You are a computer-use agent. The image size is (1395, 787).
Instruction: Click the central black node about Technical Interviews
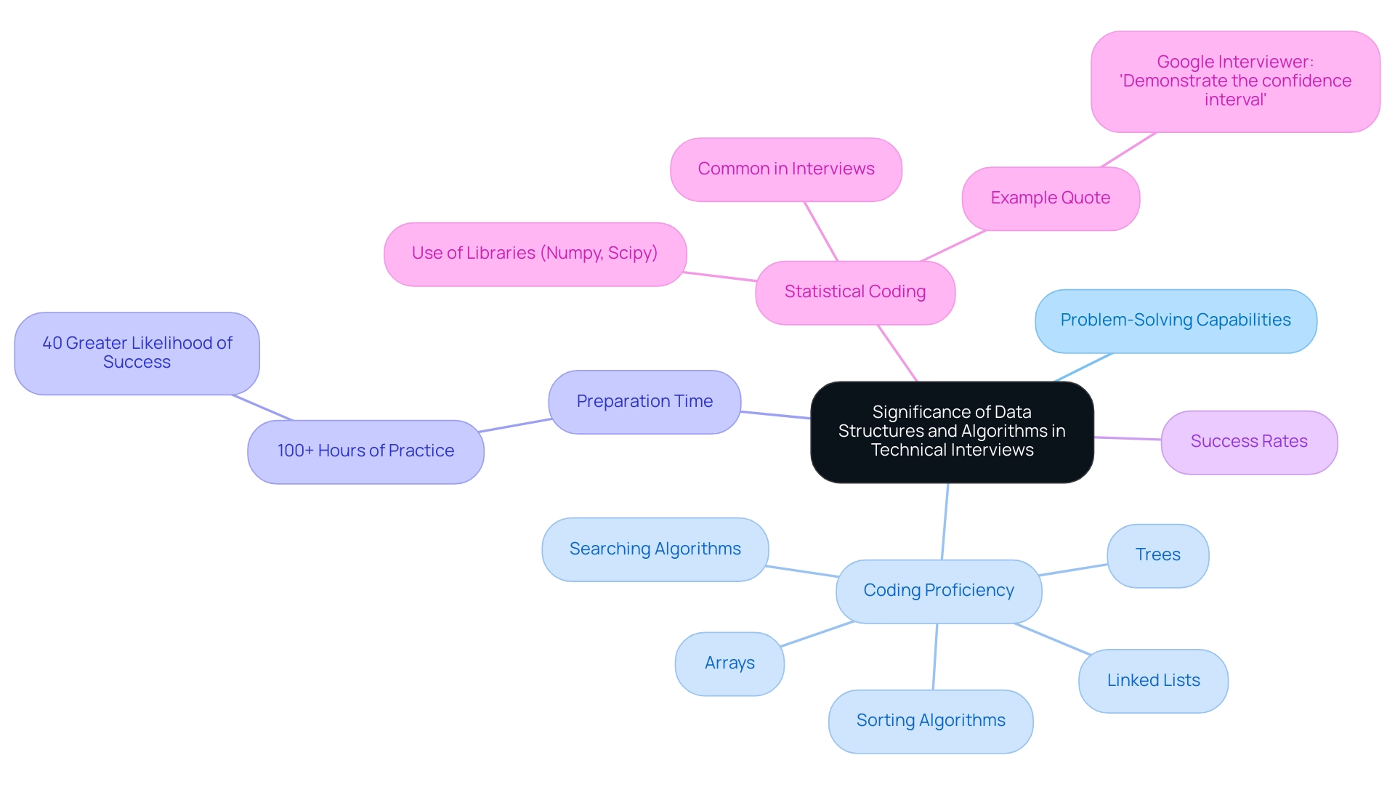(x=952, y=432)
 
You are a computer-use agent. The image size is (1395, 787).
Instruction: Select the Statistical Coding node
(x=855, y=292)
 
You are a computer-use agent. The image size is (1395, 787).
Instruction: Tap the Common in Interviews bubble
(x=786, y=169)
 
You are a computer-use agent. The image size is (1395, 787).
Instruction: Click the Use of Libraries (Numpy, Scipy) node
(x=535, y=254)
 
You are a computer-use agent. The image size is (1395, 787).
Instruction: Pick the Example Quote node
(x=1051, y=198)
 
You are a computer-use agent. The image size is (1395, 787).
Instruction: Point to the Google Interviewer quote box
(x=1235, y=81)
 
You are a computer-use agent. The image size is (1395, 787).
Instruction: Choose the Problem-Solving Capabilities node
(x=1176, y=320)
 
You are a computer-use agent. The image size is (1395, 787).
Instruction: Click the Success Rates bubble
(x=1249, y=442)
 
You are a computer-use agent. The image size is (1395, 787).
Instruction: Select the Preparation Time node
(x=644, y=402)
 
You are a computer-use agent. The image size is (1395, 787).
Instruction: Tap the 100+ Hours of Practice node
(x=365, y=451)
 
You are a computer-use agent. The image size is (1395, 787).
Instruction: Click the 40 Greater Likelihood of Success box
(x=137, y=353)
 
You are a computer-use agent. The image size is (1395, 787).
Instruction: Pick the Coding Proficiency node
(x=939, y=591)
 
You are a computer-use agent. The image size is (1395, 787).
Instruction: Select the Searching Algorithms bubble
(x=655, y=549)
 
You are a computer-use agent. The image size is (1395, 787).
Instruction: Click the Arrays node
(x=729, y=663)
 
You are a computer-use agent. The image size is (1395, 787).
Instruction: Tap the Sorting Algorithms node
(x=931, y=721)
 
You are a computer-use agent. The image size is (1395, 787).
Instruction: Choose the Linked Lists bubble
(x=1153, y=681)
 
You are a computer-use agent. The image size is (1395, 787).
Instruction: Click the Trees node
(x=1157, y=555)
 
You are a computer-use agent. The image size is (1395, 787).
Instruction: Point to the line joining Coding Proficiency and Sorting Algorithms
(x=935, y=656)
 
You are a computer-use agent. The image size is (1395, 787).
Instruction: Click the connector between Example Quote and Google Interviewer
(x=1128, y=150)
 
